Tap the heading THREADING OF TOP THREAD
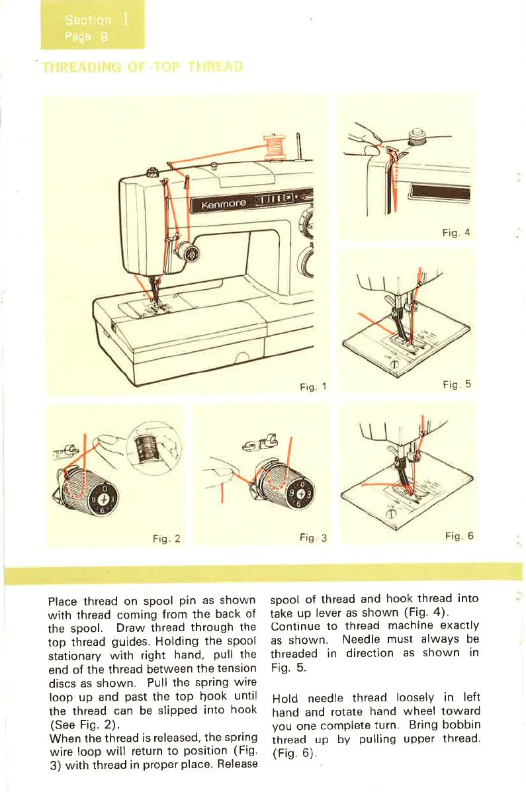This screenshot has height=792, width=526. [143, 67]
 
